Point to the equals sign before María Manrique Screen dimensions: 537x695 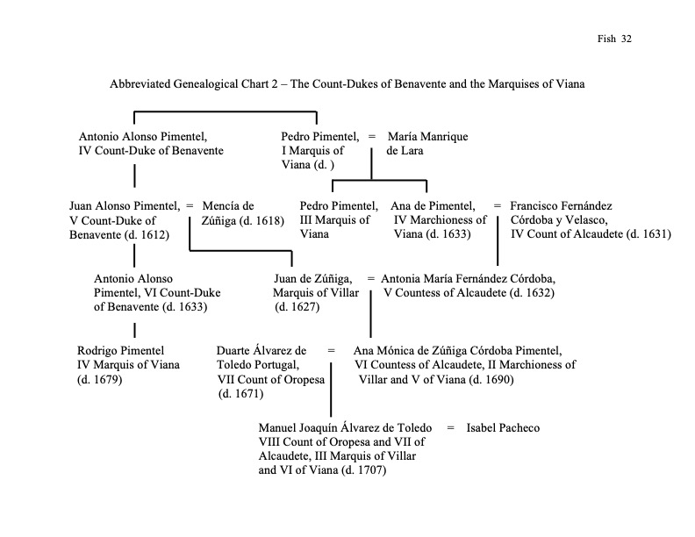372,137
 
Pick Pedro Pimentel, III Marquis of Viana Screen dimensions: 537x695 338,206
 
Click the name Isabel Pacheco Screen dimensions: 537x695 504,428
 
